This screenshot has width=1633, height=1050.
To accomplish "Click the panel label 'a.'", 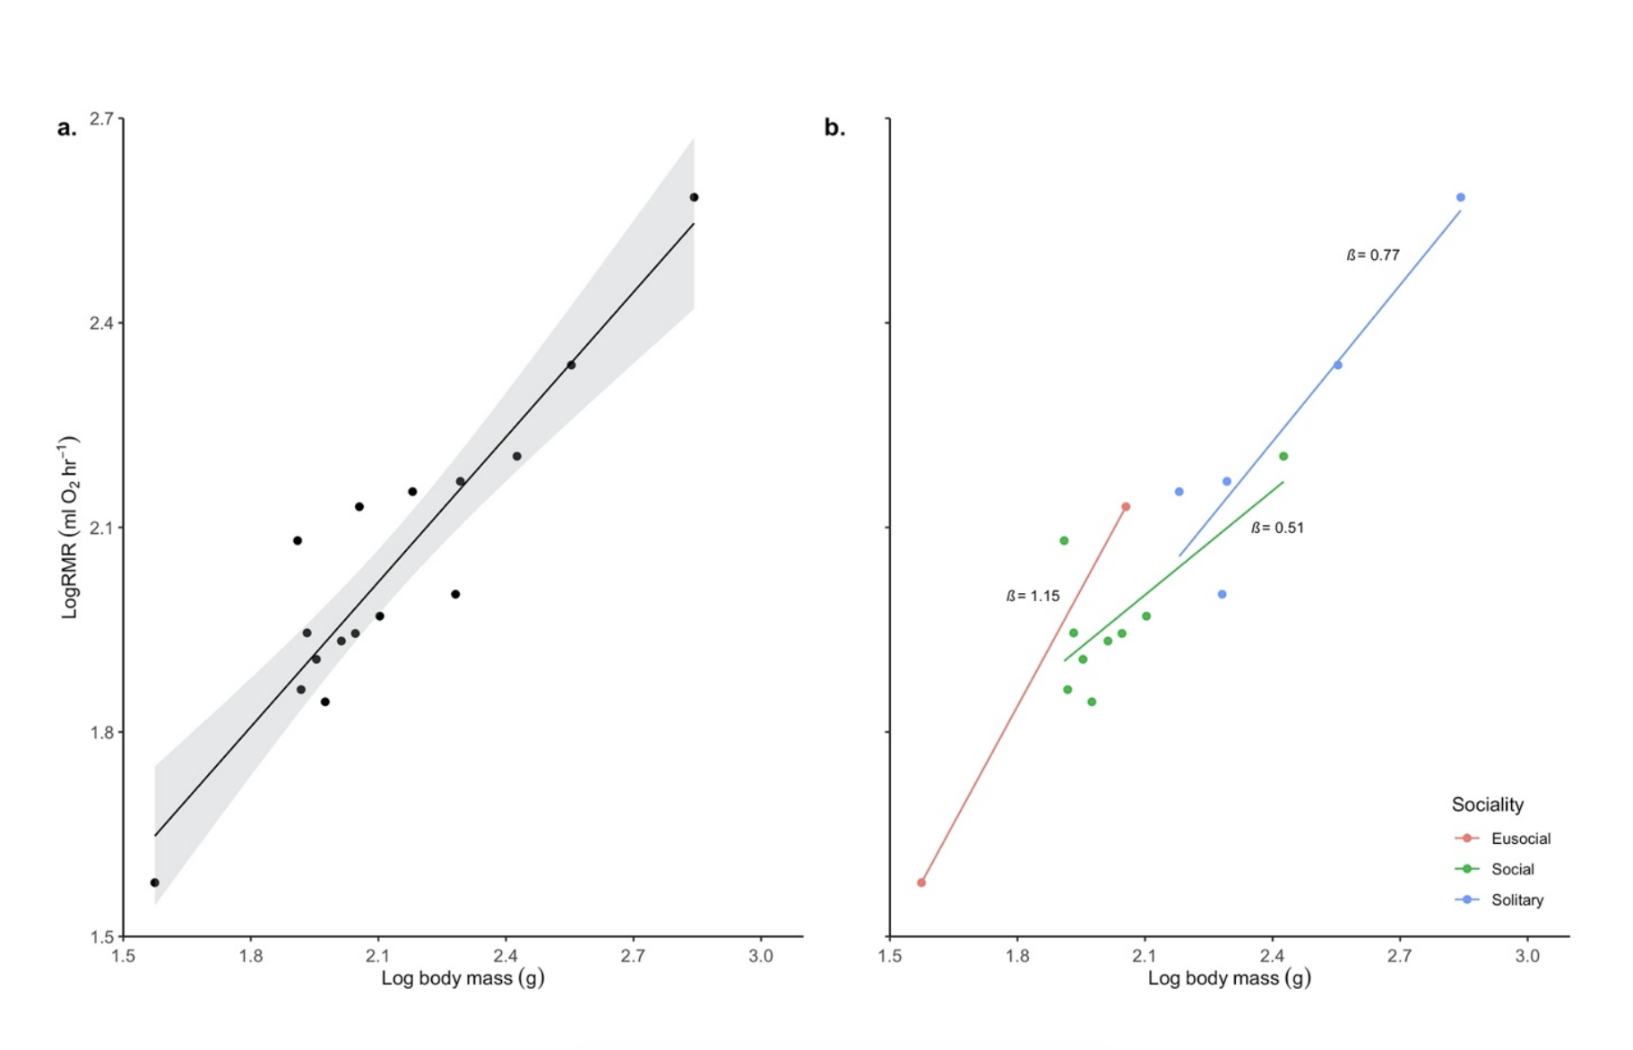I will pyautogui.click(x=67, y=128).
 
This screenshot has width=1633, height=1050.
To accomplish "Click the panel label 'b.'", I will pyautogui.click(x=834, y=128).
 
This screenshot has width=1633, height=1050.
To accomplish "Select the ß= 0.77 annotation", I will pyautogui.click(x=1372, y=255).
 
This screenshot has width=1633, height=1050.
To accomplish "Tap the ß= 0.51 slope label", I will pyautogui.click(x=1277, y=528).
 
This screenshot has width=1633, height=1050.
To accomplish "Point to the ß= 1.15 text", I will pyautogui.click(x=1033, y=596).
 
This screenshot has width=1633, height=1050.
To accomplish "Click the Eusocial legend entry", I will pyautogui.click(x=1520, y=839).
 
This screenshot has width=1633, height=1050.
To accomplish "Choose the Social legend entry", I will pyautogui.click(x=1512, y=869).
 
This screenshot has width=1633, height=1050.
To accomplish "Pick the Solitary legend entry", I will pyautogui.click(x=1516, y=899).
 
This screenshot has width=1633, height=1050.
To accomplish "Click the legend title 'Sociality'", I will pyautogui.click(x=1487, y=805).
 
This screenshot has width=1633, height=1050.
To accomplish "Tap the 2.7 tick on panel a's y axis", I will pyautogui.click(x=101, y=118).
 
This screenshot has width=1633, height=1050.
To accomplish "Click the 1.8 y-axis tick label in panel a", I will pyautogui.click(x=101, y=732).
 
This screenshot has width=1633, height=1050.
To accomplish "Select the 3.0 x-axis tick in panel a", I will pyautogui.click(x=760, y=956).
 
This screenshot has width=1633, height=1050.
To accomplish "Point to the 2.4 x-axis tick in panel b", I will pyautogui.click(x=1272, y=956).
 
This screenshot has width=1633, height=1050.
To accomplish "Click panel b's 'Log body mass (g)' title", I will pyautogui.click(x=1229, y=978).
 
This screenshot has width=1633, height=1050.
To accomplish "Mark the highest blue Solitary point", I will pyautogui.click(x=1460, y=197).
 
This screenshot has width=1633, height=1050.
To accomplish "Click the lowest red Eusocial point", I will pyautogui.click(x=921, y=882).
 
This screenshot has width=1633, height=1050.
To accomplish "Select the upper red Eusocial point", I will pyautogui.click(x=1126, y=507).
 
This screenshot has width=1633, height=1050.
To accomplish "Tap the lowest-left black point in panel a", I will pyautogui.click(x=155, y=882).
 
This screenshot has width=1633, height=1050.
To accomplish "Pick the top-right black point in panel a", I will pyautogui.click(x=694, y=197).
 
